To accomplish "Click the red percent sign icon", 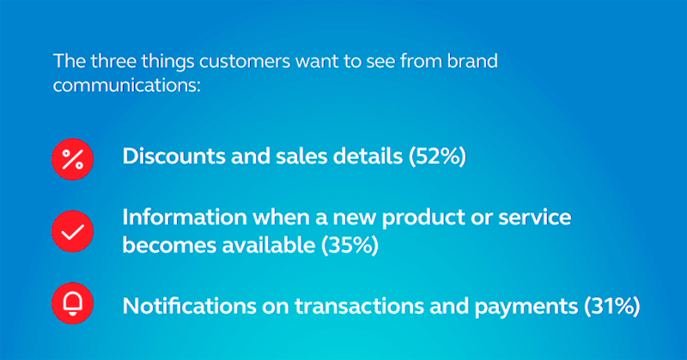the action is tap(73, 159).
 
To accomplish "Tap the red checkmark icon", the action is tap(73, 231).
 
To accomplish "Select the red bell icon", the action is tap(73, 303).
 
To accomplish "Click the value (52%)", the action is tap(437, 156).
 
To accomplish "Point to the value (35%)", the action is tap(350, 245).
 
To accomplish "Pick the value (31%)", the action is tap(612, 306).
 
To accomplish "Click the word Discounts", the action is tap(174, 156).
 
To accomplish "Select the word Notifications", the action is tap(189, 306).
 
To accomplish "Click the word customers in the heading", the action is tap(245, 61).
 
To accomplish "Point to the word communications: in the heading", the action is tap(126, 85).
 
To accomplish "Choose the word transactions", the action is tap(359, 306).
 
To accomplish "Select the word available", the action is tap(268, 245).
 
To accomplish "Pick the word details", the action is tap(368, 156).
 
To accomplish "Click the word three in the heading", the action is tap(114, 61).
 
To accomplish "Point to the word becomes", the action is tap(169, 245).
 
